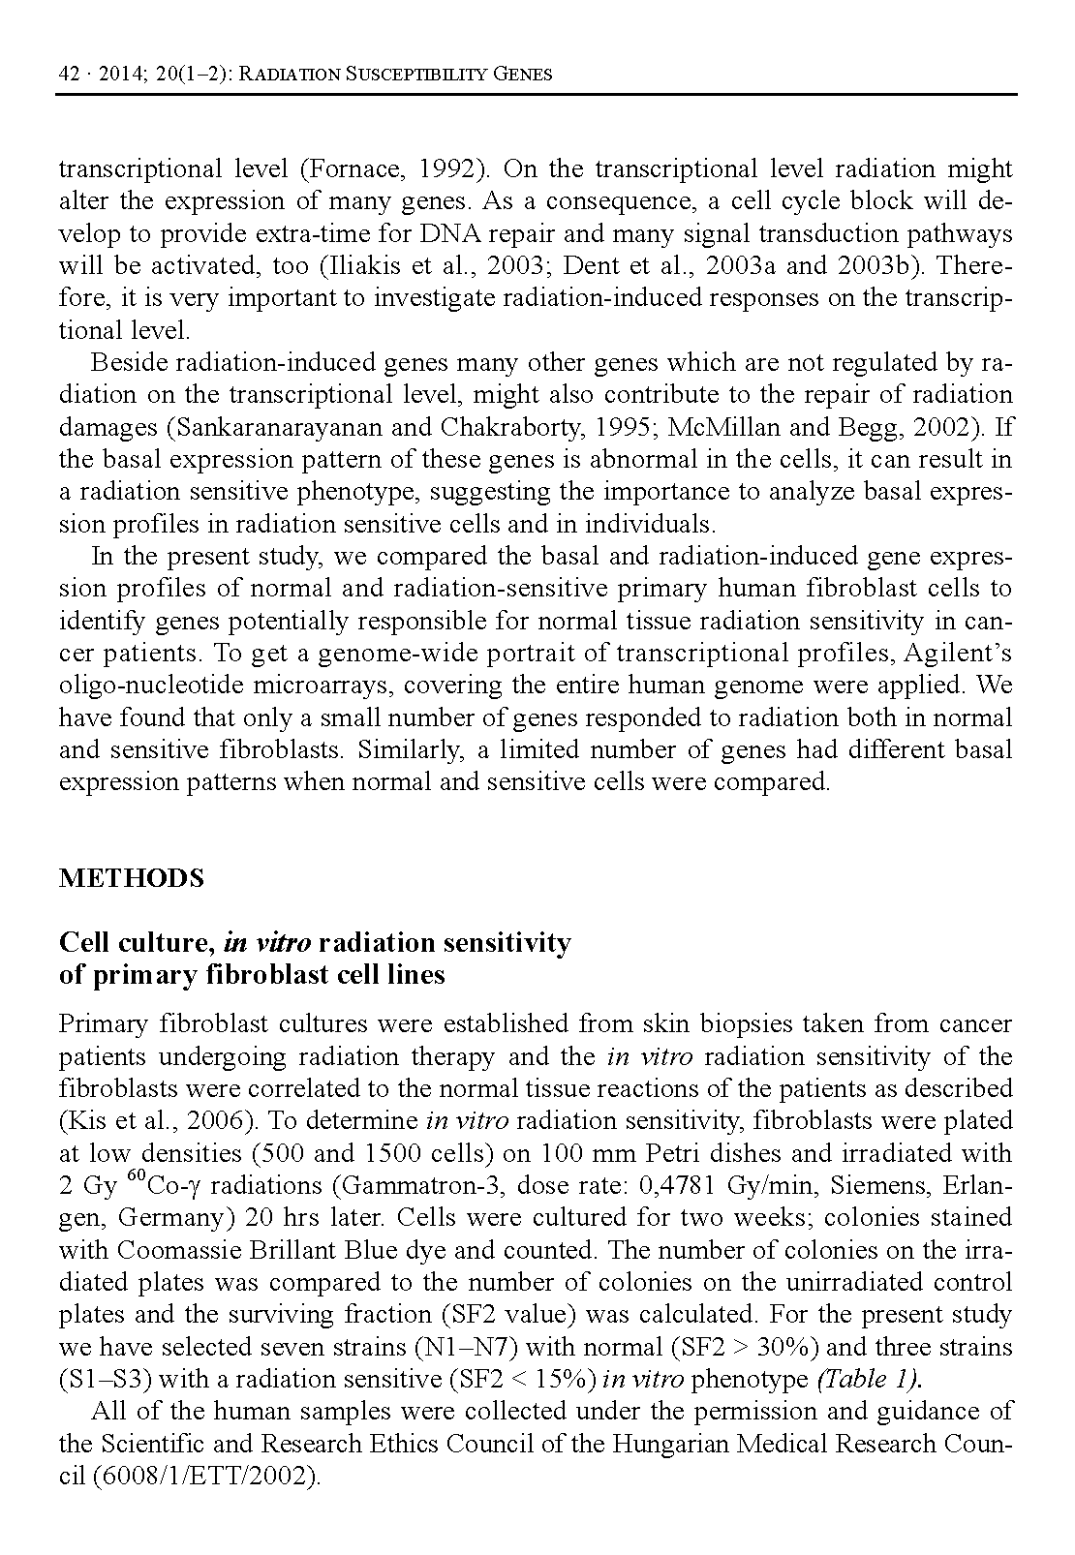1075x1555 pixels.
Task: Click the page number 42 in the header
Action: point(69,75)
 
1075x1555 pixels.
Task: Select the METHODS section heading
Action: point(132,878)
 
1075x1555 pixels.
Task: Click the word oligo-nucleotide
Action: point(137,686)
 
